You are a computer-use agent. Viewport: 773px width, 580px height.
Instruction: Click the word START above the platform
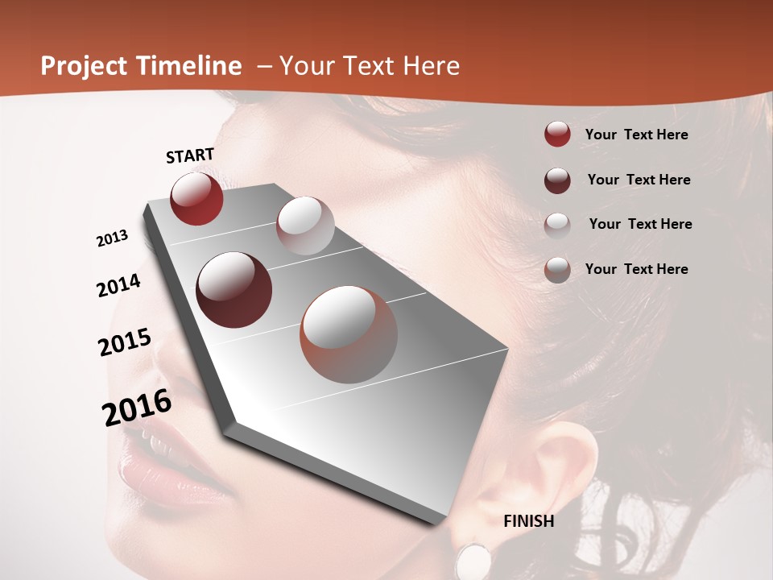coord(190,155)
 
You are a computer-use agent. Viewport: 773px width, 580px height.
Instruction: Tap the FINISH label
coord(528,521)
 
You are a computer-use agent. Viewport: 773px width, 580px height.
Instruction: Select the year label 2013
coord(112,238)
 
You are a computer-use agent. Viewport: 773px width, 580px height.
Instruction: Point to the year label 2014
coord(118,285)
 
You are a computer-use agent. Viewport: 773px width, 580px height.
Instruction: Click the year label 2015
coord(124,342)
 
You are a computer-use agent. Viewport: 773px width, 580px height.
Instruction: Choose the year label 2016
coord(137,408)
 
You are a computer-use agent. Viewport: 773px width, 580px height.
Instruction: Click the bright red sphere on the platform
coord(196,198)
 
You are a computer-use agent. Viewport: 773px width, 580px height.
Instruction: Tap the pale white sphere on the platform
coord(305,226)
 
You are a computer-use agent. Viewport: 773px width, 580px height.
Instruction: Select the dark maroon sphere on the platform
coord(234,290)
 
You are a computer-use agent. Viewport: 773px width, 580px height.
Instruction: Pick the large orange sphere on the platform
coord(349,334)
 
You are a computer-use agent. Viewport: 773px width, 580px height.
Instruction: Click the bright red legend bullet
coord(557,134)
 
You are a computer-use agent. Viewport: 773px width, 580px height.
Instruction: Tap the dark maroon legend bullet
coord(557,180)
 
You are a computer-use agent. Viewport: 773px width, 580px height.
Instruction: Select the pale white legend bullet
coord(557,225)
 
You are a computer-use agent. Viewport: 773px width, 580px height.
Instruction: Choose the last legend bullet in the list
coord(557,270)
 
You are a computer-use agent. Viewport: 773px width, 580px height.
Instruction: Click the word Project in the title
coord(85,67)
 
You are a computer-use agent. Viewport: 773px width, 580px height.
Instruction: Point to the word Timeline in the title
coord(188,66)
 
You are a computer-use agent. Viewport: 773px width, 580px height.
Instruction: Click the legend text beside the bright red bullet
coord(636,135)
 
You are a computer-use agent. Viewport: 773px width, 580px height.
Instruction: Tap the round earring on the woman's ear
coord(473,560)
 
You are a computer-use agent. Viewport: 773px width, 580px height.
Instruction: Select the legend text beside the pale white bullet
coord(640,224)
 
